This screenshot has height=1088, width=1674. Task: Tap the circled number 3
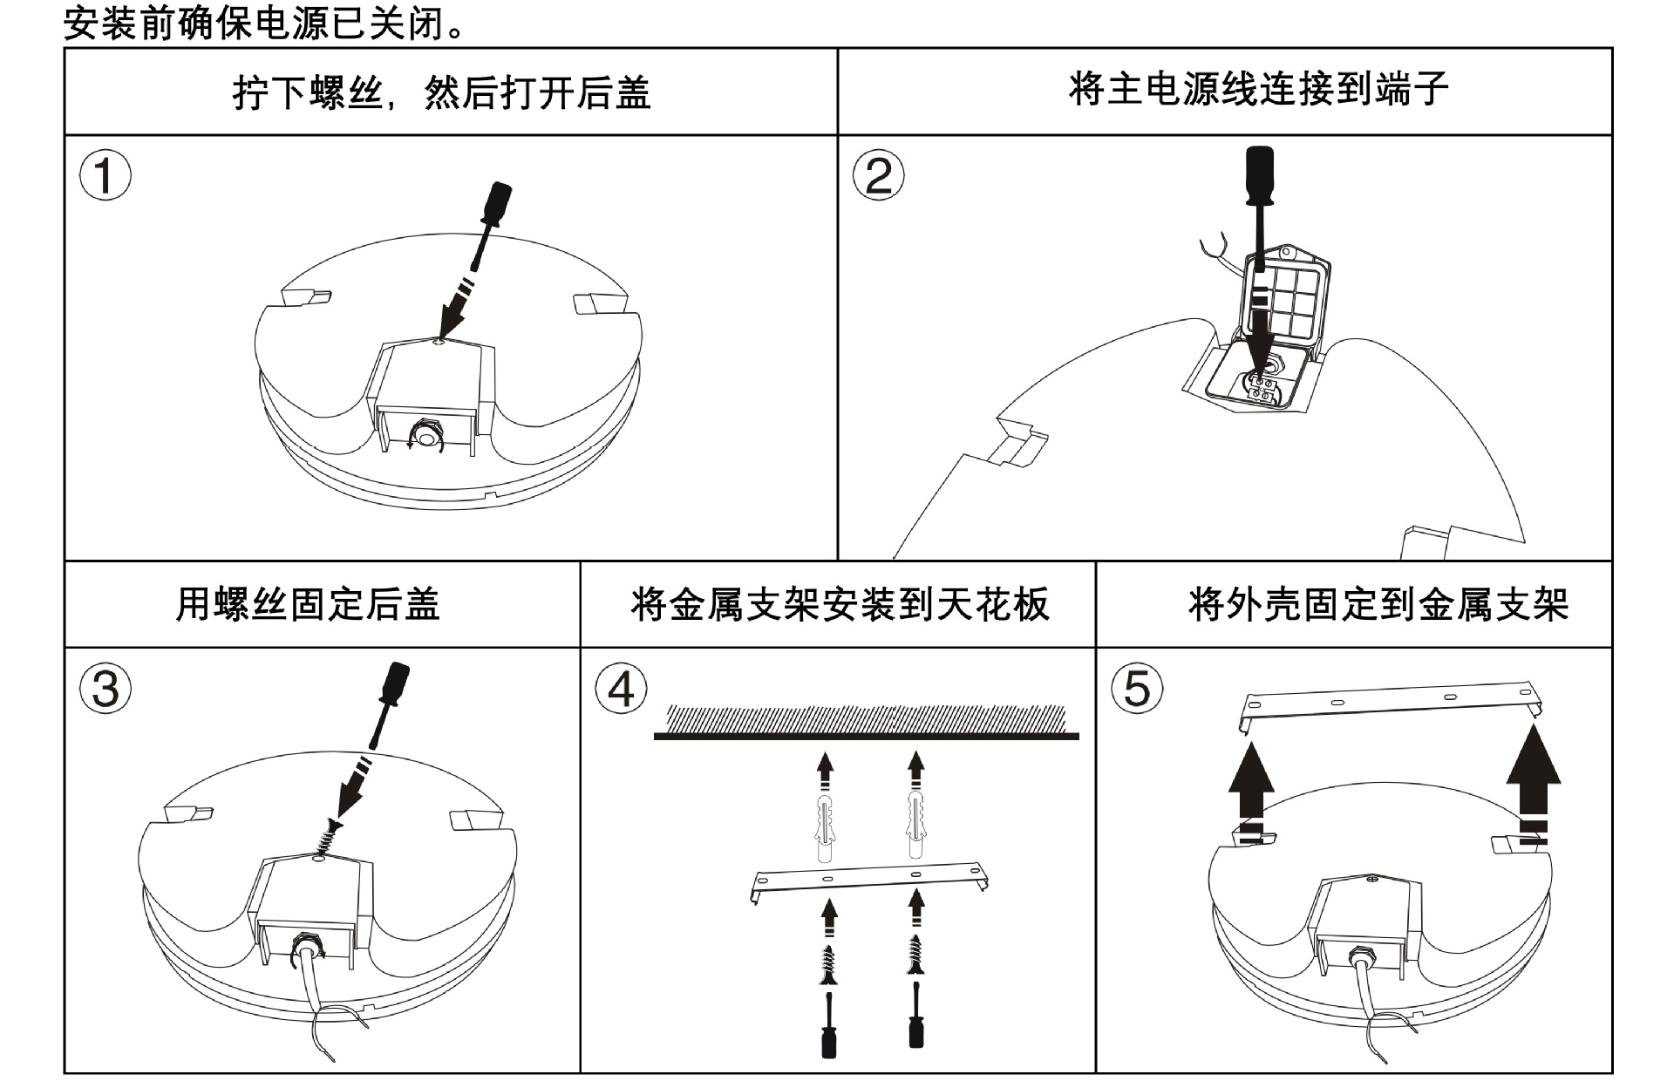(105, 689)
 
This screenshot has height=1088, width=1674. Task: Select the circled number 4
(621, 689)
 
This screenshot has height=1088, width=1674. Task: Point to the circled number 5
(1137, 689)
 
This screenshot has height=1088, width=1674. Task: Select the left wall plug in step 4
(827, 824)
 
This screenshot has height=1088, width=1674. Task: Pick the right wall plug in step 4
(915, 824)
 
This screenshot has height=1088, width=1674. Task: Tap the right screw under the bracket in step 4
(915, 955)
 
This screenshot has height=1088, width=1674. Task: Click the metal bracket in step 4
(868, 876)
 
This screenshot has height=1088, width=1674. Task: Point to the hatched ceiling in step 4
(866, 719)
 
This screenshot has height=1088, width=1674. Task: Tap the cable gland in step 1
(427, 433)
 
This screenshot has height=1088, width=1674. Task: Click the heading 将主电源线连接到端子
(1258, 89)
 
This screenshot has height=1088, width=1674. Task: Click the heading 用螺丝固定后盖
(308, 603)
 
